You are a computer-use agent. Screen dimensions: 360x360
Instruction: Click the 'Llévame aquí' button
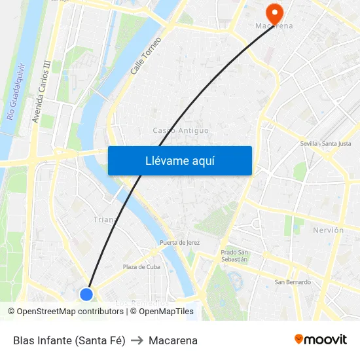pos(180,161)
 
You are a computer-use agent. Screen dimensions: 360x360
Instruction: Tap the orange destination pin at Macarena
pos(274,12)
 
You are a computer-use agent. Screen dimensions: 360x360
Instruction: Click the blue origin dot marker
pos(86,295)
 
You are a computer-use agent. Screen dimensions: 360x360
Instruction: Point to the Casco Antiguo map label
pos(181,130)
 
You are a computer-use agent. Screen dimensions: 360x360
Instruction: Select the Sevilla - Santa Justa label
pos(325,143)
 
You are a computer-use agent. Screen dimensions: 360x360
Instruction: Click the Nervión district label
pos(328,230)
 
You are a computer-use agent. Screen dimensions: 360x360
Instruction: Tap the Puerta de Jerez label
pos(179,243)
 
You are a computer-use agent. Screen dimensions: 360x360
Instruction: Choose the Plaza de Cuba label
pos(141,266)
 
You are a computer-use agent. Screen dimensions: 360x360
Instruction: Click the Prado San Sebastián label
pos(234,255)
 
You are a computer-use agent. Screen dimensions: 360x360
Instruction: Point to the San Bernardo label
pos(293,282)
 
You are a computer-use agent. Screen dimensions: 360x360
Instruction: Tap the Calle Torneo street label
pos(145,55)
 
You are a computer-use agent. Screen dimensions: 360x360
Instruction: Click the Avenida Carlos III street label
pos(41,92)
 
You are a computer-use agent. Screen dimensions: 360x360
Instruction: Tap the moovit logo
pos(321,340)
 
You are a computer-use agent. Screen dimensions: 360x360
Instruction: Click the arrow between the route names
pos(137,340)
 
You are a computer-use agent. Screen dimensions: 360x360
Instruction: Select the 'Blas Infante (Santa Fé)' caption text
pos(69,340)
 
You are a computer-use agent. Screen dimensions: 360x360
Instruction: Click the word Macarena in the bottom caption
pos(173,340)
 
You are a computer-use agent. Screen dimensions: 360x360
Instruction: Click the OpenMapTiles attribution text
pos(166,312)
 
